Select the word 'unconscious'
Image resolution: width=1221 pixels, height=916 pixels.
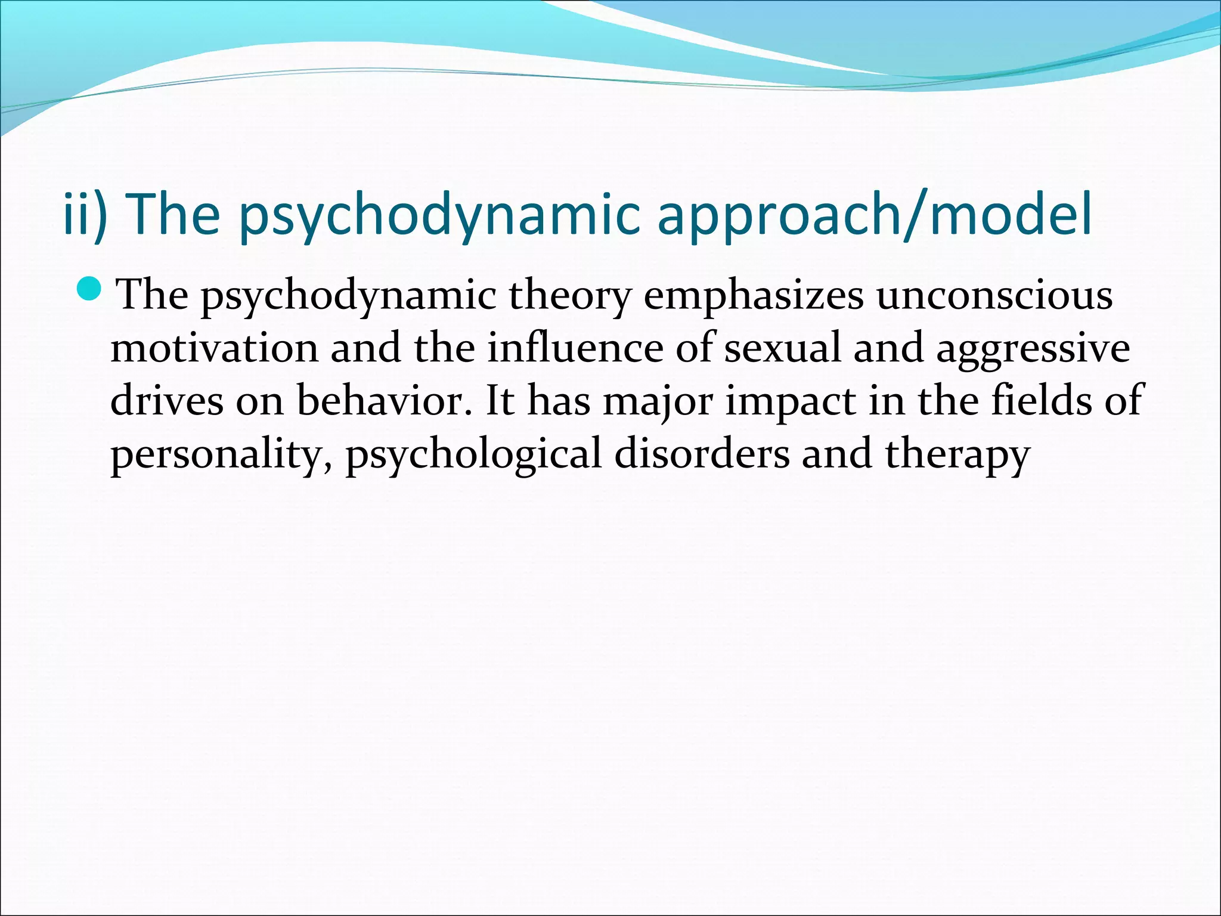coord(994,295)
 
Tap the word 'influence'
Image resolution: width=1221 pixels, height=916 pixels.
coord(575,348)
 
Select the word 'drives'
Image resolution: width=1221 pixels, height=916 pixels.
coord(167,401)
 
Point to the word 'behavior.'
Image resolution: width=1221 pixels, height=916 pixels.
coord(388,401)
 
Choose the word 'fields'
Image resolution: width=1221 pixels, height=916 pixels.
coord(1041,400)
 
